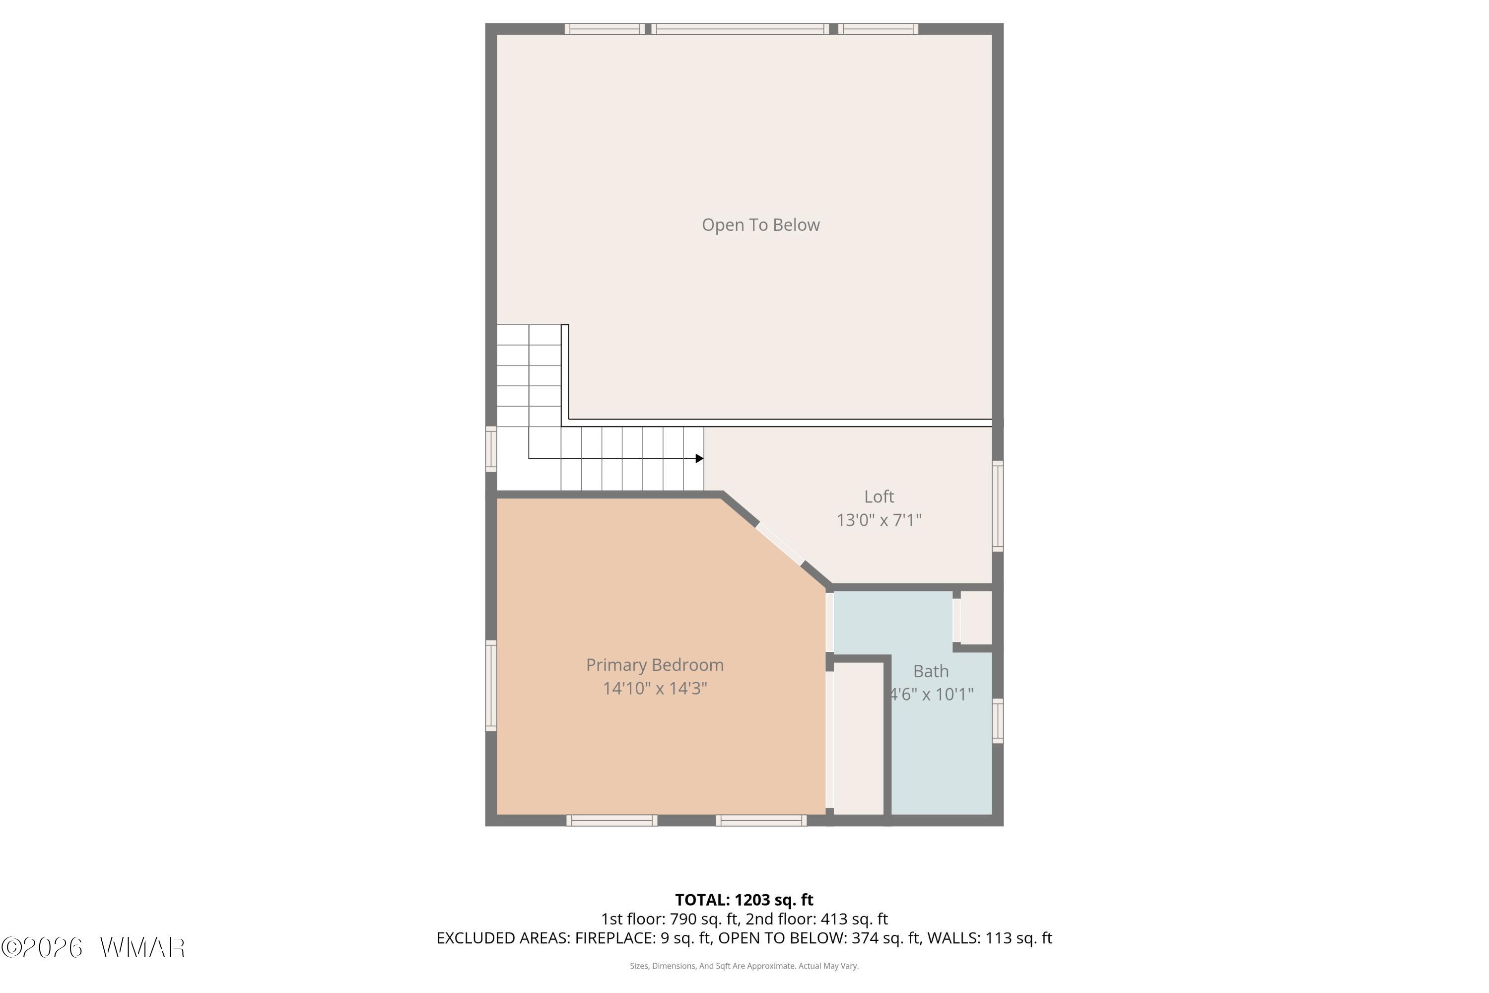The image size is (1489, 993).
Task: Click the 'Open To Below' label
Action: tap(760, 225)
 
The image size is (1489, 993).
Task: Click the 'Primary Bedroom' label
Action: tap(655, 665)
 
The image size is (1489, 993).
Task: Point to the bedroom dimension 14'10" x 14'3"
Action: tap(655, 688)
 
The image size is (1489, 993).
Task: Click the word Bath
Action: tap(931, 671)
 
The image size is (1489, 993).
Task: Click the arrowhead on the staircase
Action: tap(699, 458)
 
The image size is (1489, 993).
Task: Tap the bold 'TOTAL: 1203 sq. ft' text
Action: tap(744, 900)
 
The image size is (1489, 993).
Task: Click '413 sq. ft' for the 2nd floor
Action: tap(854, 919)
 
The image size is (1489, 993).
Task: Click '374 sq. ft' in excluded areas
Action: tap(885, 938)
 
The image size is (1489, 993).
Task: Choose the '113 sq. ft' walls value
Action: tap(1018, 938)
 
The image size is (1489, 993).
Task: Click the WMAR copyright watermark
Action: tap(93, 947)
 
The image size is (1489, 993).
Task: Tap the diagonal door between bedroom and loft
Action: tap(779, 544)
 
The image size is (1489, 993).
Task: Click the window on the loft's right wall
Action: tap(998, 506)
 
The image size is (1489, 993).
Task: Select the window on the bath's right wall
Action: tap(998, 721)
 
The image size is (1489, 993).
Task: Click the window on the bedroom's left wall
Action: tap(491, 685)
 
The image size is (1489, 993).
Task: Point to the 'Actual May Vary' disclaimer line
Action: tap(744, 966)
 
